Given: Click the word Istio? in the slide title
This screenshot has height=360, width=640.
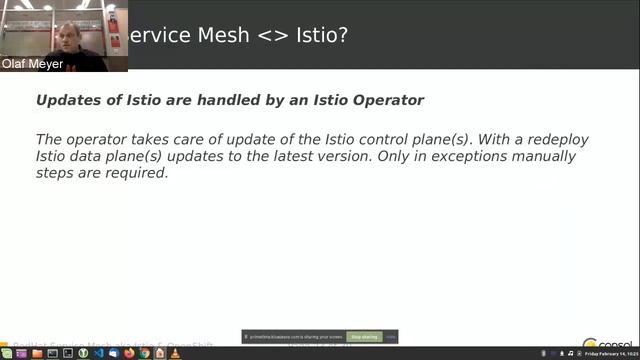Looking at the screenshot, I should (x=319, y=35).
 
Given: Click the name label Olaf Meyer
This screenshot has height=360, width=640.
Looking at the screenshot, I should (x=32, y=64).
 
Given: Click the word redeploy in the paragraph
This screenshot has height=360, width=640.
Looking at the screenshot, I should (x=545, y=139).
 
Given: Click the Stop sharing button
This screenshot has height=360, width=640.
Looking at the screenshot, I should (x=363, y=337).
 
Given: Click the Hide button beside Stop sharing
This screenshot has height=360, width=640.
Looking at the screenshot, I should (x=391, y=337).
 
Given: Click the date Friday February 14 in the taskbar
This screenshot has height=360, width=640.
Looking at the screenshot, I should (x=606, y=354).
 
